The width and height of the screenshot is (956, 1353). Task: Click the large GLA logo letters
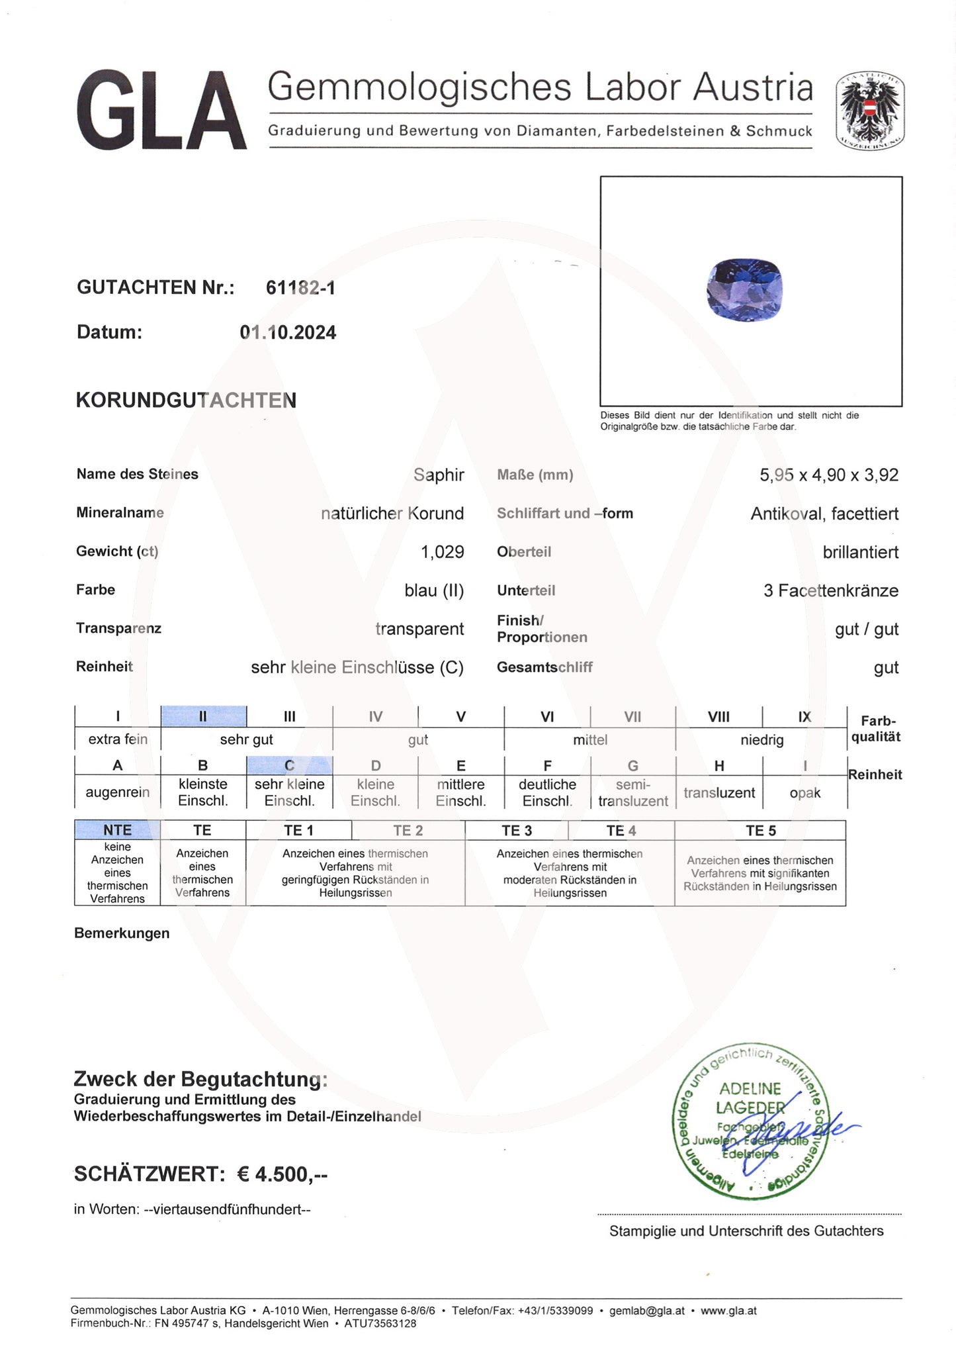coord(161,111)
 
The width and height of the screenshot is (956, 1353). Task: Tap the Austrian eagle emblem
coord(870,110)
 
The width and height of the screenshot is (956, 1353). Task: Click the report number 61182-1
coord(300,288)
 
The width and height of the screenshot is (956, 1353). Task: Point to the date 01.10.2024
coord(288,332)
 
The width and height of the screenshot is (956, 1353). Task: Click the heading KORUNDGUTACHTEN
coord(186,400)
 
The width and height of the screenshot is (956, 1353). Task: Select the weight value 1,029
coord(442,552)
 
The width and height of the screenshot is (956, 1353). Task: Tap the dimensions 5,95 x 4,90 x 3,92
coord(828,475)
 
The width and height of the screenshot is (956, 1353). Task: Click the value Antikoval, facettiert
coord(824,514)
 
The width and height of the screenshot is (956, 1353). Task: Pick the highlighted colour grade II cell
coord(203,716)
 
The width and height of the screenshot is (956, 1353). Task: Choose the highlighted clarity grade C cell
coord(289,766)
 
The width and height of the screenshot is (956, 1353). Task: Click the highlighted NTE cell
coord(117,830)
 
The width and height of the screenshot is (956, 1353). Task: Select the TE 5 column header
coord(760,831)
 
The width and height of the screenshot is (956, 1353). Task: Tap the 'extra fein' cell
coord(118,739)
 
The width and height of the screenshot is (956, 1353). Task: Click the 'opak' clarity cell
coord(804,793)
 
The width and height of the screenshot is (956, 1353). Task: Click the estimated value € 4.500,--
coord(282,1174)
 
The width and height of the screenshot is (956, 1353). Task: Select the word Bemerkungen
coord(122,933)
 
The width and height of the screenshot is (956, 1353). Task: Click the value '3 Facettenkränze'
coord(830,590)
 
